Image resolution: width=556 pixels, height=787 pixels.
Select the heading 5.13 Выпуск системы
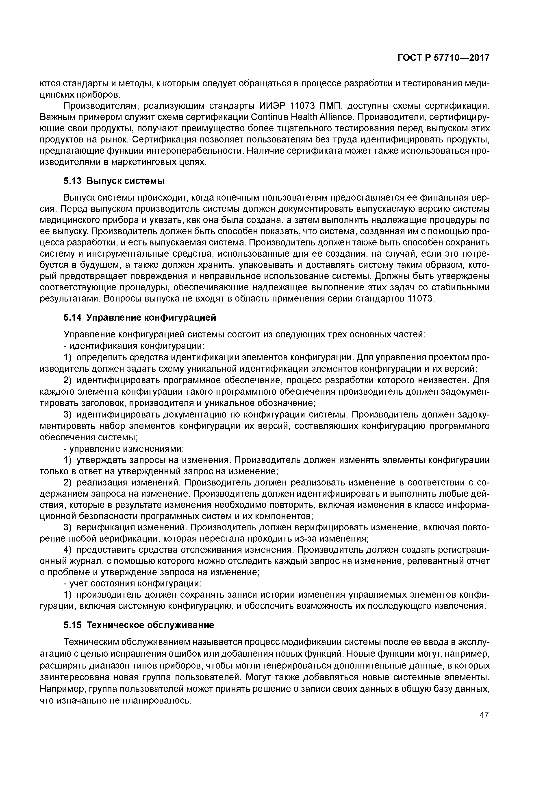(x=114, y=181)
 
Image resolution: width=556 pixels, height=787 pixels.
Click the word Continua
(x=270, y=117)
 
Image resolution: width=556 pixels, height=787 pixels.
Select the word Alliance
(x=336, y=117)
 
